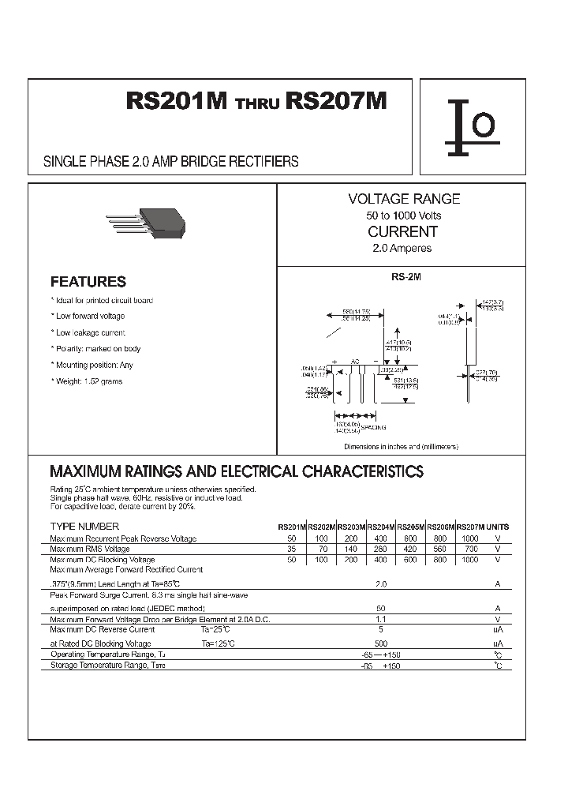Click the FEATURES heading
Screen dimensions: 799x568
[x=88, y=282]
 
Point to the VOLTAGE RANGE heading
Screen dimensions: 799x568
[x=403, y=200]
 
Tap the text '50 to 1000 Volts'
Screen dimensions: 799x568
[x=403, y=216]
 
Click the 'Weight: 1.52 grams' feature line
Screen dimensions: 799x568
[x=88, y=381]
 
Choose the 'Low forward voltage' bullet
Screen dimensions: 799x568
[x=88, y=317]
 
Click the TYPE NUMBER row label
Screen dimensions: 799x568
[x=84, y=527]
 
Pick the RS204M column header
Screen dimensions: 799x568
[x=382, y=527]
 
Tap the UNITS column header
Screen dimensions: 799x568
[x=498, y=527]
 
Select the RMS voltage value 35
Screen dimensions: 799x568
[x=292, y=549]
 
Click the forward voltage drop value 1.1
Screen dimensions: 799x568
[x=382, y=620]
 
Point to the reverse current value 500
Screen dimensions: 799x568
[x=382, y=643]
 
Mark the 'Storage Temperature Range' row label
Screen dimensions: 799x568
[x=108, y=666]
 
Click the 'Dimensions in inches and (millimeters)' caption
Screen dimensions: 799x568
[x=401, y=446]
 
